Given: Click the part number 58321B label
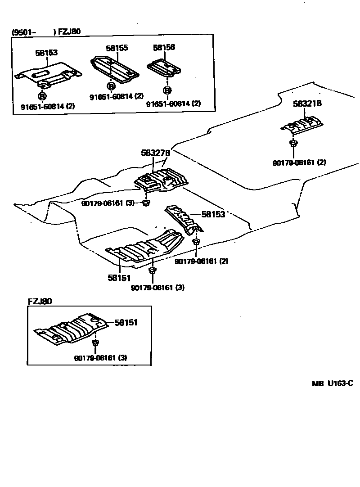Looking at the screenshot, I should tap(307, 104).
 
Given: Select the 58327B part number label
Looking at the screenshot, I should tap(155, 153).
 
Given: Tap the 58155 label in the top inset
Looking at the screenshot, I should tap(117, 47).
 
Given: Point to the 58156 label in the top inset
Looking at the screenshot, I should tap(164, 47).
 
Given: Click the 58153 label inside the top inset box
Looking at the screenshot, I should tap(46, 53).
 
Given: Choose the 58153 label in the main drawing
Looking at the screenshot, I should tap(213, 215).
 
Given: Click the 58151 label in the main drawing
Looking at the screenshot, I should tap(119, 278).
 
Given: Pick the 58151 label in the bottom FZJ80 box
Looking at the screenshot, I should tap(126, 323).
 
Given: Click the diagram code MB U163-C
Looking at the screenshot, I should tap(333, 383).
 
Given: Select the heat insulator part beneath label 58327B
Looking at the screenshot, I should tap(161, 180).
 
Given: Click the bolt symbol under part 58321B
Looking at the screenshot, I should tap(292, 144).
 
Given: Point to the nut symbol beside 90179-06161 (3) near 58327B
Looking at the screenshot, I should tap(146, 203).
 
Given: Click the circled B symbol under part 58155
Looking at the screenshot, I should tap(111, 86).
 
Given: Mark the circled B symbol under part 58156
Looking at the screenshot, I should tap(167, 90).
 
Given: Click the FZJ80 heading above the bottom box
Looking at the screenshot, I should tap(40, 302).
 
